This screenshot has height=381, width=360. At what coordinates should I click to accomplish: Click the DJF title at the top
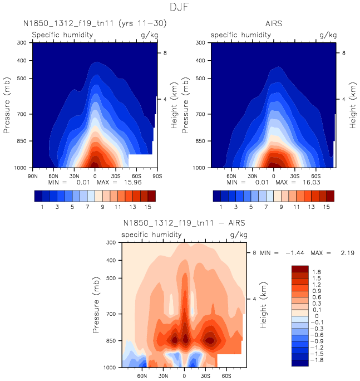tap(180, 8)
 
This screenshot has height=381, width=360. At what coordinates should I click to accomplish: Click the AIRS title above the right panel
tap(273, 24)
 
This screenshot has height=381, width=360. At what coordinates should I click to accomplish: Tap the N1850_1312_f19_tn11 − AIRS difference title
tap(184, 223)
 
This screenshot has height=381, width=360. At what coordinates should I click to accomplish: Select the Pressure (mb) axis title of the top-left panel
tap(7, 105)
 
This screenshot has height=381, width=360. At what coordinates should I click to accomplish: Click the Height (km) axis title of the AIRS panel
tap(352, 105)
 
